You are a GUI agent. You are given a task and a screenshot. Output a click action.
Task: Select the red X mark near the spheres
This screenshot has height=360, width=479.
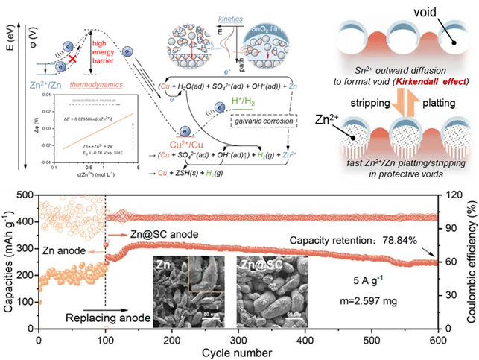73,57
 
